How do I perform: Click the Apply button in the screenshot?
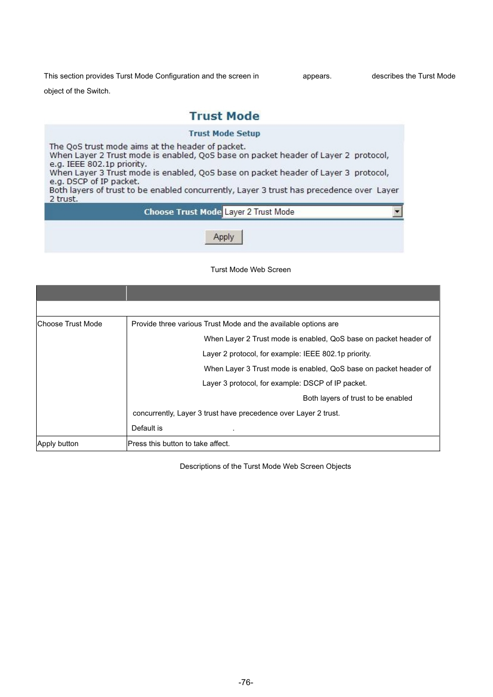pyautogui.click(x=224, y=237)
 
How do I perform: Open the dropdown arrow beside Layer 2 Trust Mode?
pyautogui.click(x=397, y=212)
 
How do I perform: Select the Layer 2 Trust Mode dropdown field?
pyautogui.click(x=308, y=212)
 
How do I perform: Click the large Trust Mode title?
pyautogui.click(x=224, y=116)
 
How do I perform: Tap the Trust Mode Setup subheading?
pyautogui.click(x=224, y=133)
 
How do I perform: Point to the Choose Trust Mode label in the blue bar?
pyautogui.click(x=182, y=212)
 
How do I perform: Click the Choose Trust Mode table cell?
pyautogui.click(x=70, y=324)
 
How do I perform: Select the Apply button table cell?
pyautogui.click(x=58, y=443)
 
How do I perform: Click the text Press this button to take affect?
pyautogui.click(x=179, y=443)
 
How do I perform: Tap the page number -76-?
pyautogui.click(x=246, y=682)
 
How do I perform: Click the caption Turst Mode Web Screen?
pyautogui.click(x=251, y=270)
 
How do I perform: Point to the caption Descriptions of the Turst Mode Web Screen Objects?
pyautogui.click(x=265, y=466)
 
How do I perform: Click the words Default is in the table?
pyautogui.click(x=147, y=428)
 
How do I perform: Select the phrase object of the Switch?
pyautogui.click(x=77, y=91)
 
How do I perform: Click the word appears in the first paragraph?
pyautogui.click(x=317, y=76)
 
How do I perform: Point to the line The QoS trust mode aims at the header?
pyautogui.click(x=147, y=147)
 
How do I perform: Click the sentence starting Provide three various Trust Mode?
pyautogui.click(x=235, y=324)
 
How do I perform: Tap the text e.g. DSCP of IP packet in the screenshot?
pyautogui.click(x=95, y=181)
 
